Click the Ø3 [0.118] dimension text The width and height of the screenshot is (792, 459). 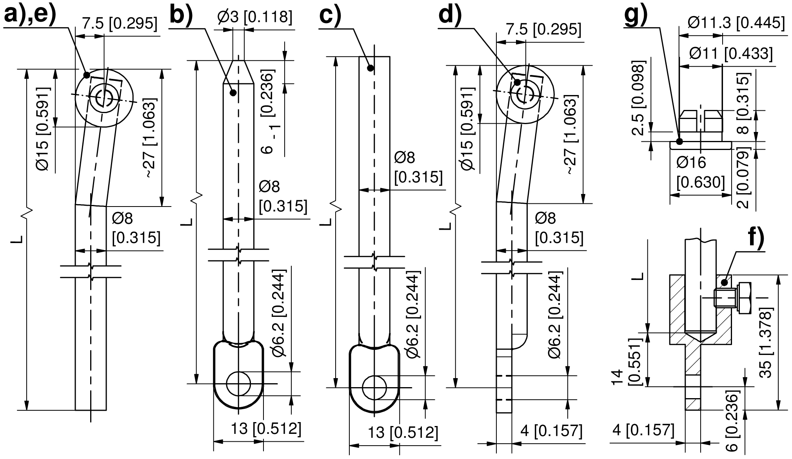click(x=255, y=17)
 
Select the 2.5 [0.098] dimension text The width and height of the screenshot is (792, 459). click(x=639, y=98)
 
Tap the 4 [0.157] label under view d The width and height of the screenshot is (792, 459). click(x=551, y=431)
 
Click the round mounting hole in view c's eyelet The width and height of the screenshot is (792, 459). click(x=374, y=388)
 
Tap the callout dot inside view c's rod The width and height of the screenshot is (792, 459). click(x=370, y=68)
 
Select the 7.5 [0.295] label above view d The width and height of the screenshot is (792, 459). click(x=543, y=29)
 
